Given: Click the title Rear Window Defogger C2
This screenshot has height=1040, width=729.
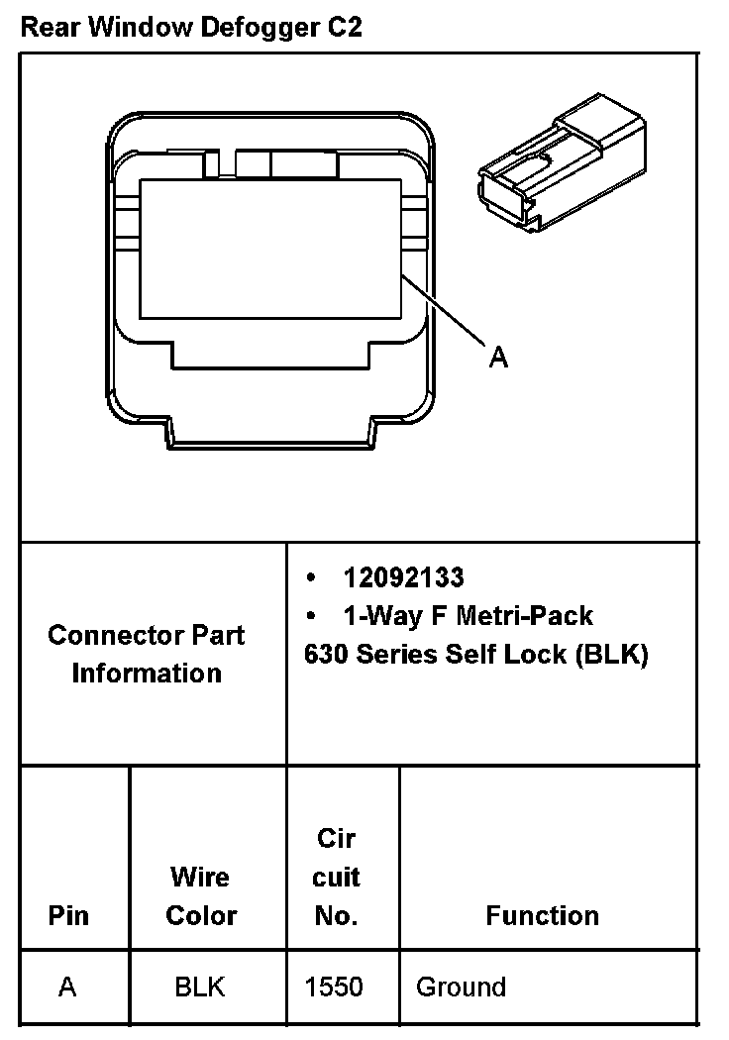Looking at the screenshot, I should click(x=191, y=27).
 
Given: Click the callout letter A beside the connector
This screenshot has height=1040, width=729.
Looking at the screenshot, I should click(x=499, y=358).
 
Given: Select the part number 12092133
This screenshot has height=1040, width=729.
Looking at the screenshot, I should click(x=403, y=577).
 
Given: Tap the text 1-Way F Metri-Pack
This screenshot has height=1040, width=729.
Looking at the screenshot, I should click(x=468, y=616).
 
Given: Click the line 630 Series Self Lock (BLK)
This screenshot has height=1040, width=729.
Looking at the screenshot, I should click(x=476, y=655).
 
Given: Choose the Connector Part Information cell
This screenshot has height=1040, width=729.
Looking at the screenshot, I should click(x=147, y=654).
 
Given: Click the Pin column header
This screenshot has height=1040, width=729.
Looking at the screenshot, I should click(x=67, y=915).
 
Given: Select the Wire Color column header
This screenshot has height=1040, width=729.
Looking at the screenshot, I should click(x=201, y=895).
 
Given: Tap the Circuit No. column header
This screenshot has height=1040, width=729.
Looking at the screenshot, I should click(x=337, y=877).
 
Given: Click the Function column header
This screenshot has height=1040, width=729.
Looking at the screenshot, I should click(x=542, y=915).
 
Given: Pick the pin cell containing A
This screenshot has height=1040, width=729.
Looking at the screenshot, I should click(x=67, y=987).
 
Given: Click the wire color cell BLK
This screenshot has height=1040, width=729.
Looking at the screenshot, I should click(x=200, y=987).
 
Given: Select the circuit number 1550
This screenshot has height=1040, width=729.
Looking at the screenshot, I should click(x=334, y=987).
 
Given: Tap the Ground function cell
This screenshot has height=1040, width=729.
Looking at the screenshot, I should click(x=461, y=987).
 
